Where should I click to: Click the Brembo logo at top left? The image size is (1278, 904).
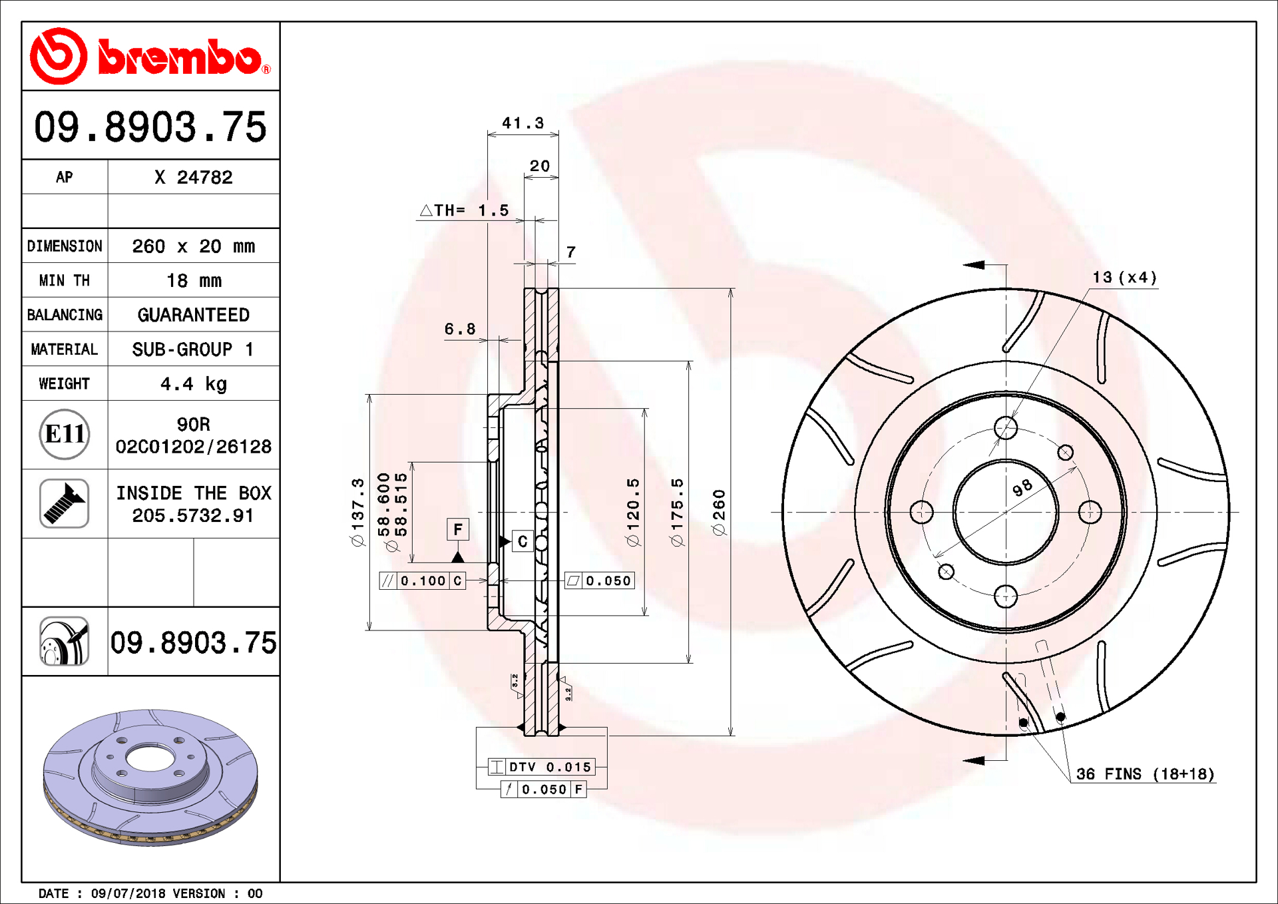(x=150, y=57)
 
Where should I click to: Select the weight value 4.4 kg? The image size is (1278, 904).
(x=194, y=384)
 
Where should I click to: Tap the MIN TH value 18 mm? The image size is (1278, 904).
(x=194, y=281)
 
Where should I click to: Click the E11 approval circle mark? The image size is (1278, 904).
(x=65, y=434)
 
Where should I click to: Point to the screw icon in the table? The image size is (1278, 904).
(x=65, y=503)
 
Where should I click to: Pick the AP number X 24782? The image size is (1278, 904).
(x=194, y=177)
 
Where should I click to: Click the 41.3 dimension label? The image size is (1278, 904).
(x=523, y=123)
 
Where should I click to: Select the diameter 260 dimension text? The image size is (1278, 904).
(x=719, y=513)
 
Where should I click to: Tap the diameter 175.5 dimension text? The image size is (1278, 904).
(x=677, y=513)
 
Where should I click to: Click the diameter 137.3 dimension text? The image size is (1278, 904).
(x=358, y=513)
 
